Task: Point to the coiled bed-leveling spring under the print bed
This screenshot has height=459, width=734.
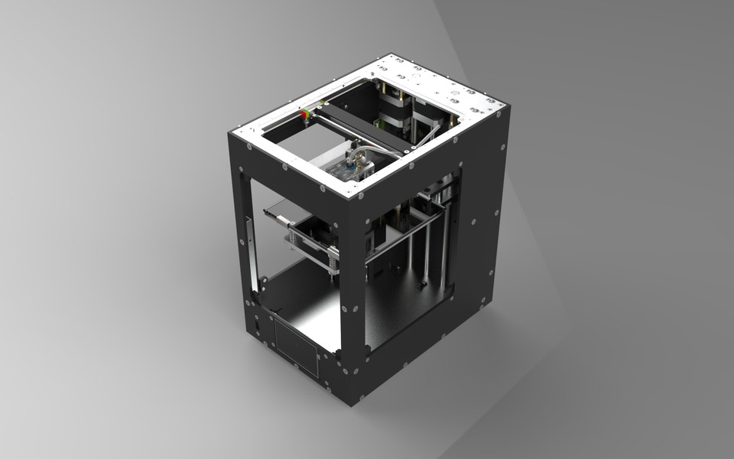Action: [333, 262]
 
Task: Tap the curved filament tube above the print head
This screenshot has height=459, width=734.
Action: [382, 148]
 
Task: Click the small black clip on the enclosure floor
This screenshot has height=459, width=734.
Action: [421, 285]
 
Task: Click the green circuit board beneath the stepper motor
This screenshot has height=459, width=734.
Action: [381, 122]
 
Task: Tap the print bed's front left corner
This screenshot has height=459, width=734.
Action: [265, 212]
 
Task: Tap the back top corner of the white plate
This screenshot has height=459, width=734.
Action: [391, 55]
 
